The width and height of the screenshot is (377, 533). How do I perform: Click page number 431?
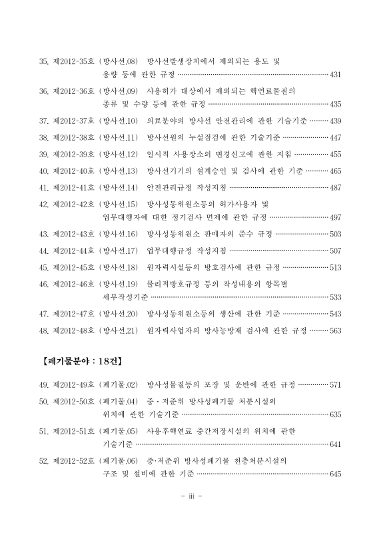[x=335, y=74]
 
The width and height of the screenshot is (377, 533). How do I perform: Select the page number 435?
[x=335, y=105]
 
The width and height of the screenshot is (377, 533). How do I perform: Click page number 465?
[x=335, y=171]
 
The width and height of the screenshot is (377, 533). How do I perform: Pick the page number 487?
[x=335, y=188]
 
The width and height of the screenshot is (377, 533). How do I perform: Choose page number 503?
[x=335, y=235]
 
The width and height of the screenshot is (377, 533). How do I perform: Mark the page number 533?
[x=335, y=297]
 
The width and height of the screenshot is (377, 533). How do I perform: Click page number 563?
[x=335, y=330]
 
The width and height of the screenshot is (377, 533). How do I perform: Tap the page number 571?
[x=335, y=385]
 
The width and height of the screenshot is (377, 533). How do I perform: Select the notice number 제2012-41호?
[x=73, y=188]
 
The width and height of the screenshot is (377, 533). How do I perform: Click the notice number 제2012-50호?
[x=73, y=402]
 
